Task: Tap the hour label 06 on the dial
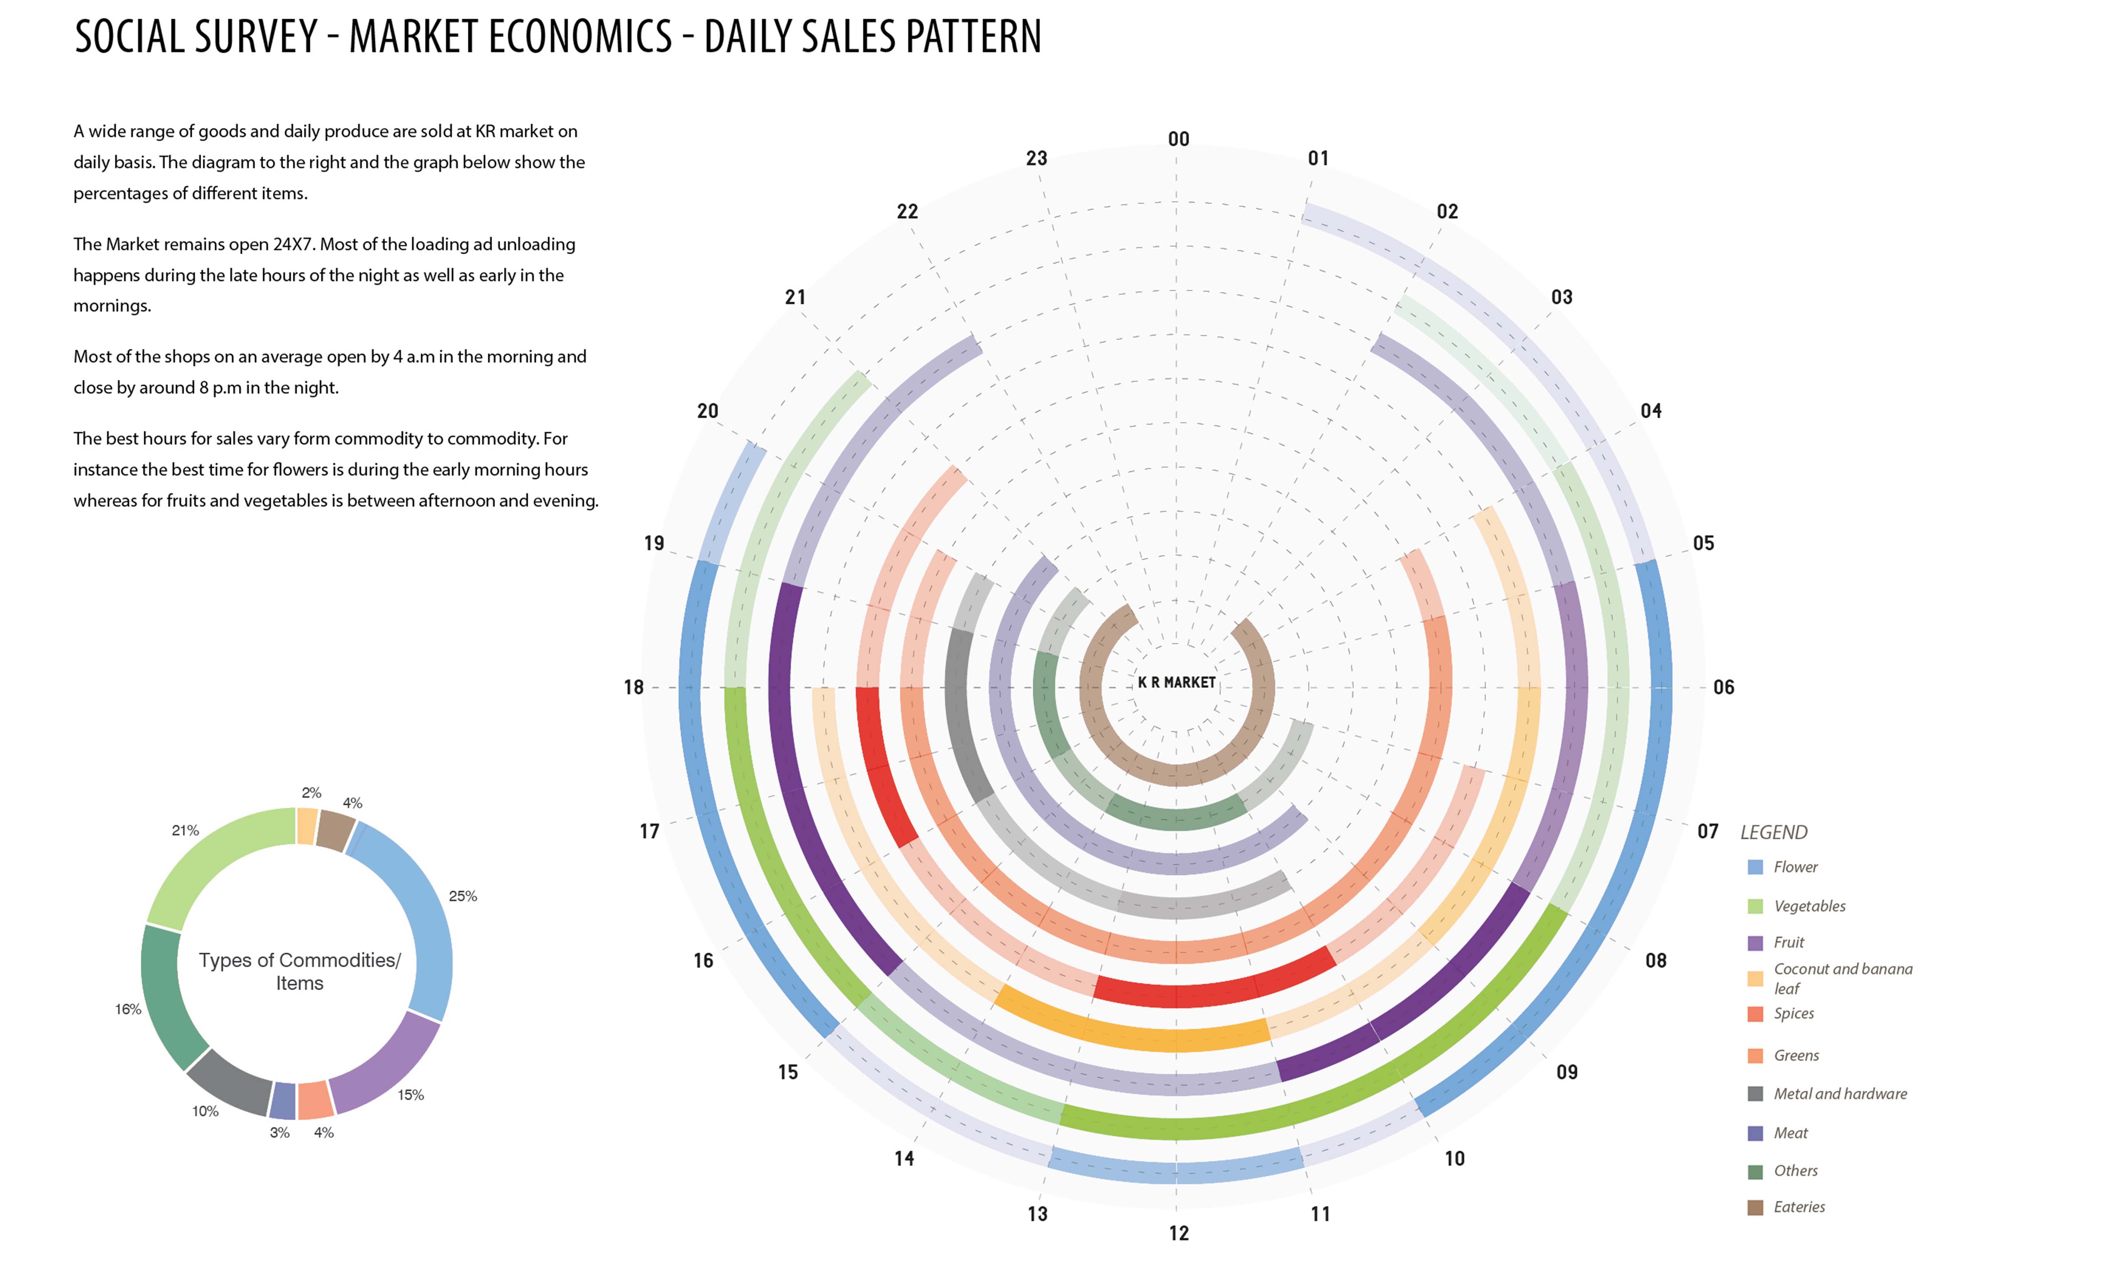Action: (1723, 687)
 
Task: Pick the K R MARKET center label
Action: (1177, 683)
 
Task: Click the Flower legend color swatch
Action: (1755, 867)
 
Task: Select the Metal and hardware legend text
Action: (1839, 1094)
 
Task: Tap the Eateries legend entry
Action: (1799, 1207)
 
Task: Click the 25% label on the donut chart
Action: (463, 896)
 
